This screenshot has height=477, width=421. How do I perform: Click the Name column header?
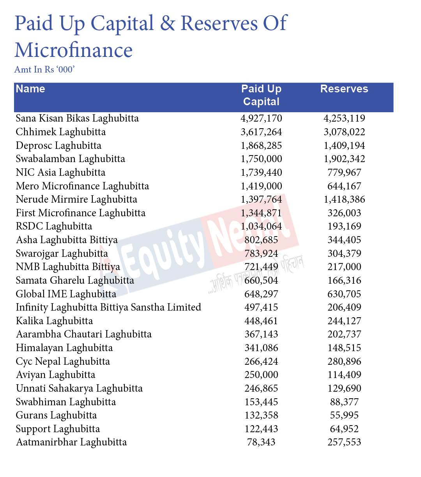tap(30, 89)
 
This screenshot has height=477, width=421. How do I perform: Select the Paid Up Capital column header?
tap(261, 95)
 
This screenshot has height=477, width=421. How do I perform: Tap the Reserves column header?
tap(344, 89)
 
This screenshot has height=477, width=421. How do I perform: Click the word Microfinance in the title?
tap(74, 50)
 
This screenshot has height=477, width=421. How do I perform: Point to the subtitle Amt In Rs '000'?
tap(44, 69)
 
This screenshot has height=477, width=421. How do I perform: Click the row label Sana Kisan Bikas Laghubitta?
tap(77, 118)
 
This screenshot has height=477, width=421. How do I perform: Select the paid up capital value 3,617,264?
tap(261, 132)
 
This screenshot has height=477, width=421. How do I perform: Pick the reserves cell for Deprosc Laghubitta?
tap(344, 145)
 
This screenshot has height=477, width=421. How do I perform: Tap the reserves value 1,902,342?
tap(344, 159)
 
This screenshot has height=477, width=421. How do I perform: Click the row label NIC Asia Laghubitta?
tap(60, 172)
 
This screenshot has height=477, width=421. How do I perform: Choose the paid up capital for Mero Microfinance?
tap(261, 186)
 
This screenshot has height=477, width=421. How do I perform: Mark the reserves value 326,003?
tap(344, 213)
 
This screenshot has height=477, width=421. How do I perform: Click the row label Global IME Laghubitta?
tap(66, 294)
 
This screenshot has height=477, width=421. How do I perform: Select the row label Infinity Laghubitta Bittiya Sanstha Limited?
tap(108, 307)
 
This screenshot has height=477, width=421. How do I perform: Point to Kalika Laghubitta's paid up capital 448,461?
tap(261, 321)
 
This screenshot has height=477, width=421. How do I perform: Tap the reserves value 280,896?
tap(344, 361)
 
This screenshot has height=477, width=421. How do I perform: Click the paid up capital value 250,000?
tap(261, 375)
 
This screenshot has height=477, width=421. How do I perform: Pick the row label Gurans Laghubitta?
tap(56, 415)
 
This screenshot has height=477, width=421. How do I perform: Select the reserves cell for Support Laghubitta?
tap(344, 429)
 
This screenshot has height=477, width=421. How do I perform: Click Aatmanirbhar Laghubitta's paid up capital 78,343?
tap(261, 442)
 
